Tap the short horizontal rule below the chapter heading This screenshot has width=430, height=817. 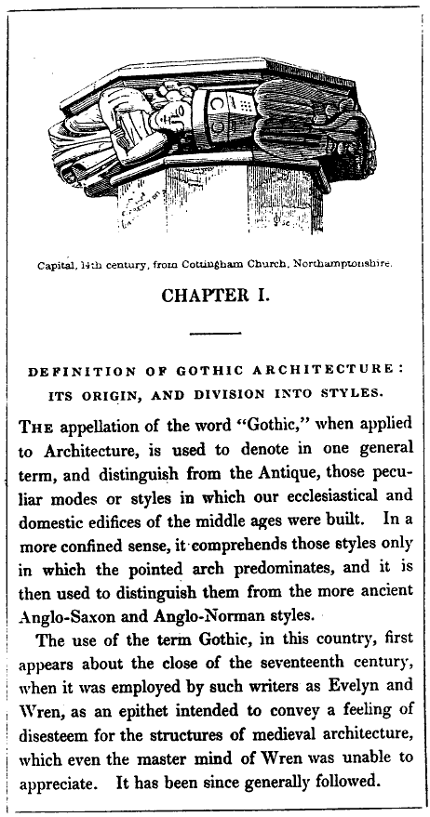coord(215,332)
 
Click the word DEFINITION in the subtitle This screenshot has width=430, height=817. coord(77,370)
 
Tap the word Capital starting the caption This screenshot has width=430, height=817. coord(58,263)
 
